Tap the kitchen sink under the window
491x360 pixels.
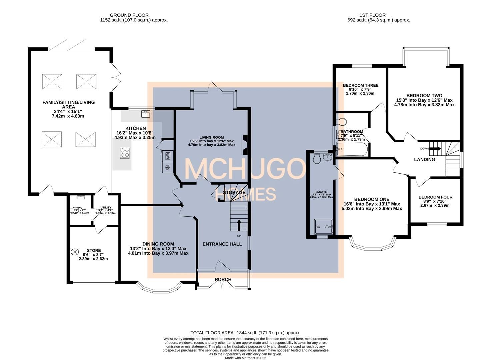pyautogui.click(x=146, y=114)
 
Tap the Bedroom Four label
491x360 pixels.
pyautogui.click(x=435, y=197)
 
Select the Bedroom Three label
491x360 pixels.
pyautogui.click(x=361, y=85)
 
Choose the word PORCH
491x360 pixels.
pyautogui.click(x=223, y=279)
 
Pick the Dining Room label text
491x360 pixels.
pyautogui.click(x=158, y=244)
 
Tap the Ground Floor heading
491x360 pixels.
pyautogui.click(x=129, y=15)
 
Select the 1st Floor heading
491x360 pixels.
pyautogui.click(x=372, y=15)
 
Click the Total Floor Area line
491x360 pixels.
pyautogui.click(x=245, y=333)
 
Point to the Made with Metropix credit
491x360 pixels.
pyautogui.click(x=245, y=358)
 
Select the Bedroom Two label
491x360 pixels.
pyautogui.click(x=424, y=95)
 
